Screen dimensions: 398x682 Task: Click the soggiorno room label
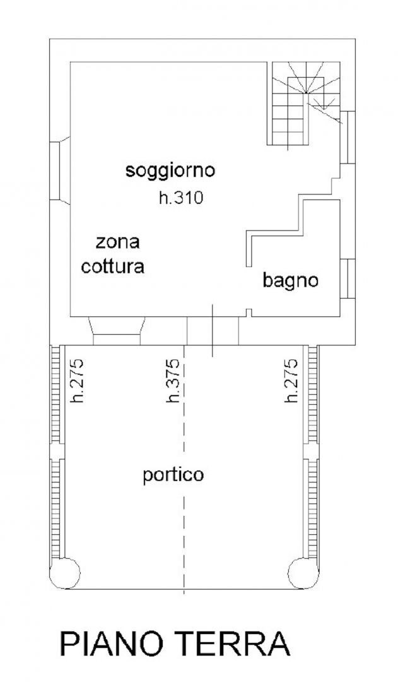[170, 171]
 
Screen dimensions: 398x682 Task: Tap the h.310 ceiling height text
[181, 198]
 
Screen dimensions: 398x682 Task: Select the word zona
[117, 242]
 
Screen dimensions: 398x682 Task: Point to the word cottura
[113, 266]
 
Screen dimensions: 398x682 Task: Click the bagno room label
[290, 281]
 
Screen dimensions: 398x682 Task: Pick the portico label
[173, 476]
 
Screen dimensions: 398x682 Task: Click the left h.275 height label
[77, 381]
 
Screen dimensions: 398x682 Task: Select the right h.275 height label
[291, 381]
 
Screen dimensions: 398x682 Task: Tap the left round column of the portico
[65, 573]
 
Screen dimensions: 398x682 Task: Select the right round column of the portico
[303, 573]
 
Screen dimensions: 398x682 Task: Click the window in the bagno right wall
[347, 279]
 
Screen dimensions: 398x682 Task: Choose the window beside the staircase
[347, 138]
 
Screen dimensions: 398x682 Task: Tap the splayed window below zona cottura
[117, 332]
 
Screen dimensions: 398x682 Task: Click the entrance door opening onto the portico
[213, 331]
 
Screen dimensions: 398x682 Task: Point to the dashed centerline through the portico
[184, 470]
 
